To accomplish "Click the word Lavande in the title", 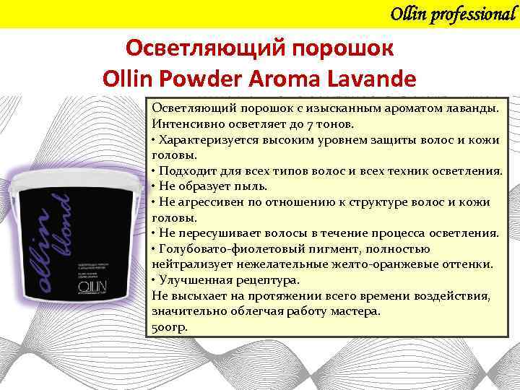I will tap(372, 78).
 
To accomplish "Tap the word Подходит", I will tap(187, 170).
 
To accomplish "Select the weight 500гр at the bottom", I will tap(169, 327).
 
